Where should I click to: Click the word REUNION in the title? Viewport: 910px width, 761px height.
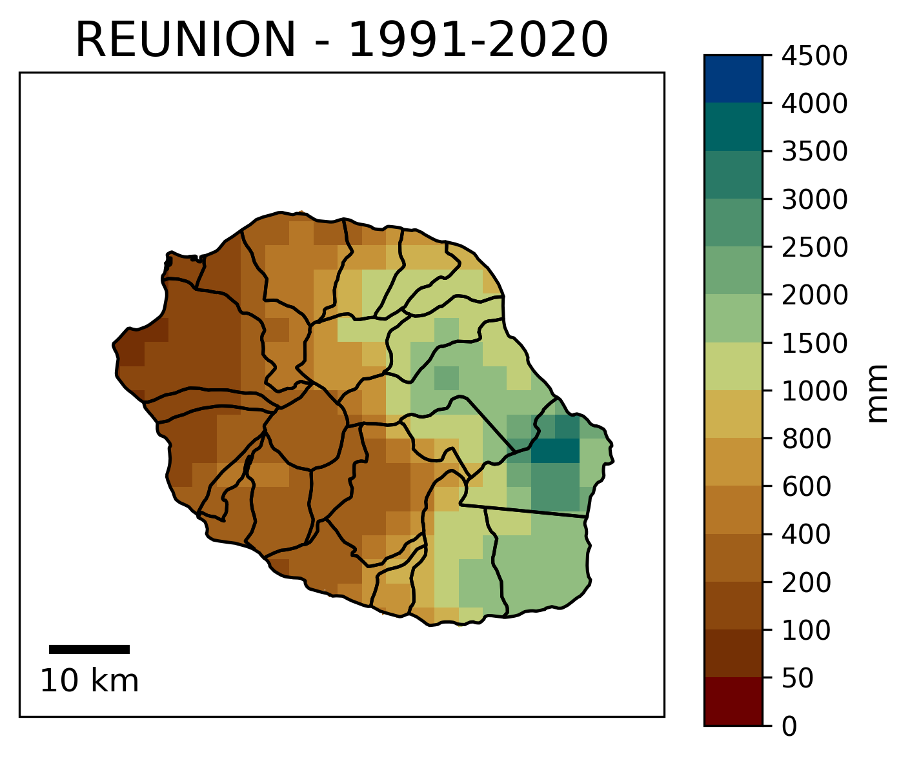point(186,40)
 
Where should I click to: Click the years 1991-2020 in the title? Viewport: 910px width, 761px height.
point(478,40)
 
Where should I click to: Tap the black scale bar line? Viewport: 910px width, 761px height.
point(89,649)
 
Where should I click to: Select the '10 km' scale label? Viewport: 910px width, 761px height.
point(89,682)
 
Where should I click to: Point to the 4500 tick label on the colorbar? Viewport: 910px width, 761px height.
point(814,56)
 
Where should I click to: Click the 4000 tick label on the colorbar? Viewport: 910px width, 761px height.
point(814,103)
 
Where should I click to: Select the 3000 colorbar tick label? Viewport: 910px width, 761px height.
point(814,199)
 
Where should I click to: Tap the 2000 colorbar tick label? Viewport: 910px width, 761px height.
point(814,295)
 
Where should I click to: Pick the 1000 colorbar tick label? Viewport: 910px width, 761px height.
point(814,391)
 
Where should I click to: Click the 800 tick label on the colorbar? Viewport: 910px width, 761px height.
point(807,439)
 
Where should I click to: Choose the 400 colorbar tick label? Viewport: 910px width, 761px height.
point(807,534)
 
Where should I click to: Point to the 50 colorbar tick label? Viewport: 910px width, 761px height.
point(799,678)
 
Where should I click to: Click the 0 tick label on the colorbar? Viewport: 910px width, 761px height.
point(791,726)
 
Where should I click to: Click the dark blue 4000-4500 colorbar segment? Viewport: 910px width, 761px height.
point(733,79)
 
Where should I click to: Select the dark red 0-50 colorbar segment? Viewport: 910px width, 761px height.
point(733,702)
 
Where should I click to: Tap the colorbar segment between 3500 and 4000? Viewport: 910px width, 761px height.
point(733,126)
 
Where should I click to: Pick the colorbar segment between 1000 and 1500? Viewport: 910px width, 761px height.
point(733,366)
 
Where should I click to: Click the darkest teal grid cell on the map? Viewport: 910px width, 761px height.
point(555,450)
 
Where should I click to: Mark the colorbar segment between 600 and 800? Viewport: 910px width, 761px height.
point(733,462)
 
